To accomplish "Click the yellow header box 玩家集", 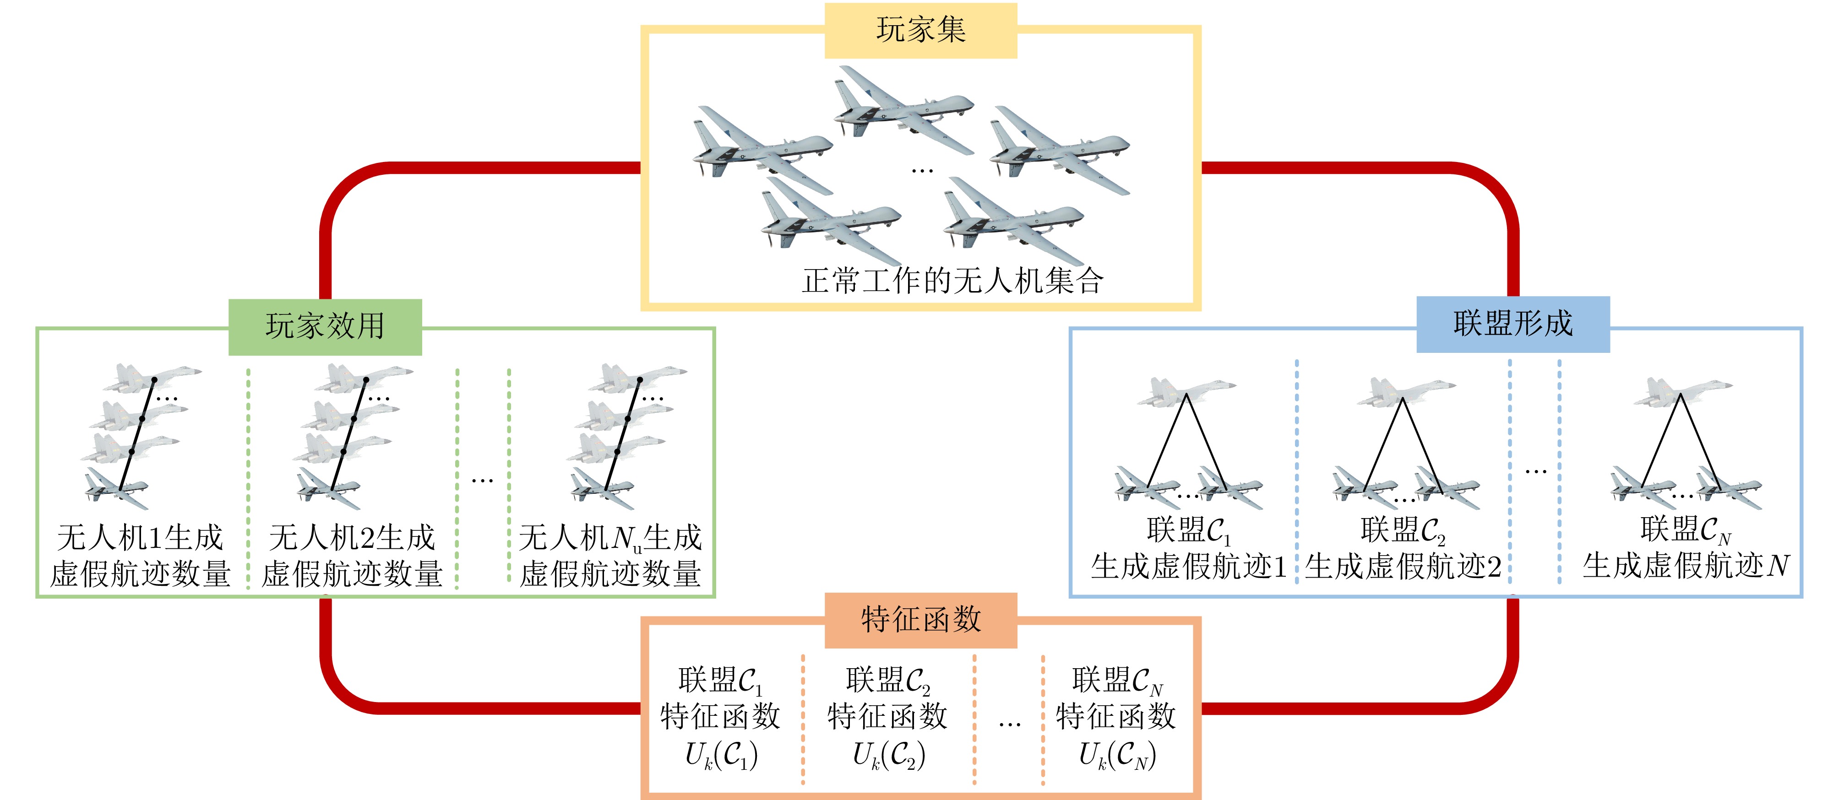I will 920,30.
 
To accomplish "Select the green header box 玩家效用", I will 325,327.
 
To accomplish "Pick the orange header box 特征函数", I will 920,619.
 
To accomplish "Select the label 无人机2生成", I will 352,537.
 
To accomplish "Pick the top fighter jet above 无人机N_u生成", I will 637,377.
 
